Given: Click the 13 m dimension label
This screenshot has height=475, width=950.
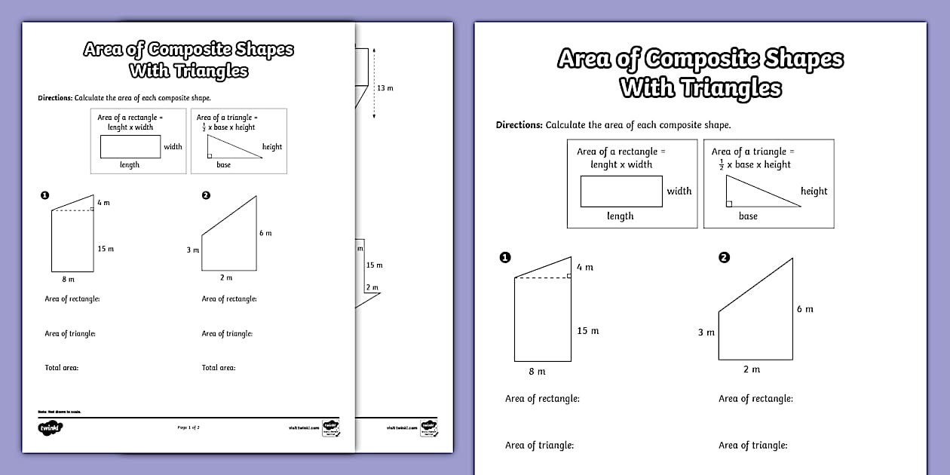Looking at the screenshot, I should (x=385, y=88).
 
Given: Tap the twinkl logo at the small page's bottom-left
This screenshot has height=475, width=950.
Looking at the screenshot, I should (x=50, y=427).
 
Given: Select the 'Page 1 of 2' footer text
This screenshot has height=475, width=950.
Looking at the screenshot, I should (x=188, y=427).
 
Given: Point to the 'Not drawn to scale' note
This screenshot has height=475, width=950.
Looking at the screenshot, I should (x=60, y=412).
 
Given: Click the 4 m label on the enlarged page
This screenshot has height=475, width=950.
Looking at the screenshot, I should (x=584, y=267).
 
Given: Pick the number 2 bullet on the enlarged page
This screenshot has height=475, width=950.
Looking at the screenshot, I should (x=725, y=257).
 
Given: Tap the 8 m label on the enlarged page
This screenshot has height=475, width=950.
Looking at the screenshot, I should (x=537, y=371).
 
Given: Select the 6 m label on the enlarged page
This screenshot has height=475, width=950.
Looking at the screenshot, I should (x=805, y=309).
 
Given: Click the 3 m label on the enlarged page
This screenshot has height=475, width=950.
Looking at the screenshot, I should (x=706, y=332).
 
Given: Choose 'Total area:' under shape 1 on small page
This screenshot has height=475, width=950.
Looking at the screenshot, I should (x=62, y=368).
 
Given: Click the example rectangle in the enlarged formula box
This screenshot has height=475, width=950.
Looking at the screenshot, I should (x=621, y=192).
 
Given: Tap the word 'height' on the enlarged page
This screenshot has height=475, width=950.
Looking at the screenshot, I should (x=814, y=192).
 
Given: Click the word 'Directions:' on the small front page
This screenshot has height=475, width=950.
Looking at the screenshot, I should (x=55, y=98).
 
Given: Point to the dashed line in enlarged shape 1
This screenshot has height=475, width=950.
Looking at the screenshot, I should (x=541, y=277).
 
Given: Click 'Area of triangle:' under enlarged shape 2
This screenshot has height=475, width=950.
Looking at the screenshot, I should (x=752, y=446).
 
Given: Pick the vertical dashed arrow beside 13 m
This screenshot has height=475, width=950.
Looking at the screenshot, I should (x=374, y=83).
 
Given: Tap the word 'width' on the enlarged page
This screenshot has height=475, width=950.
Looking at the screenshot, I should (x=679, y=192).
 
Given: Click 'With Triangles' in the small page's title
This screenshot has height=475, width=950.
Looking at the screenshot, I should (x=188, y=72).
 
